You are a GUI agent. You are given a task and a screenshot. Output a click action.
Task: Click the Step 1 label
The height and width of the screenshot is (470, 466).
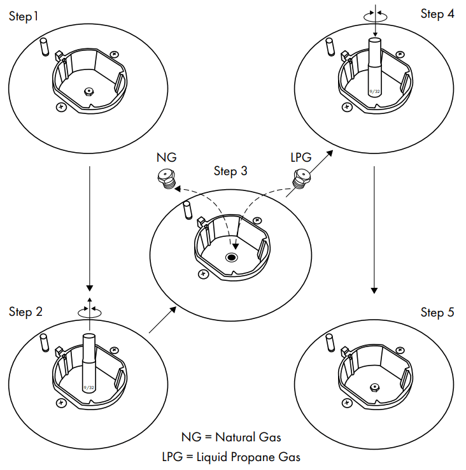pos(24,16)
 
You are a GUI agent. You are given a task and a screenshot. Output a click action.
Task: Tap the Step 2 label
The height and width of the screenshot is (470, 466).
pos(26,311)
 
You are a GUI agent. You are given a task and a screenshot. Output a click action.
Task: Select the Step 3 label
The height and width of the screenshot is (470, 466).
pos(230,171)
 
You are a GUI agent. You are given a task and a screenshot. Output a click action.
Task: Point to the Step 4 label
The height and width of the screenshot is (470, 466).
pos(437,13)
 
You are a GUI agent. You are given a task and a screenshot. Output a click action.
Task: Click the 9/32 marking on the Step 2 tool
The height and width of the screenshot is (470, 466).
pos(89,387)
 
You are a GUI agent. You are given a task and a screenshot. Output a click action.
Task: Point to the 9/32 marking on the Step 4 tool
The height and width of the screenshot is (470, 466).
pos(376,90)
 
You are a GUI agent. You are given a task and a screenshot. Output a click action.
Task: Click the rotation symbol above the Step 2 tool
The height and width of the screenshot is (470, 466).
pos(89,311)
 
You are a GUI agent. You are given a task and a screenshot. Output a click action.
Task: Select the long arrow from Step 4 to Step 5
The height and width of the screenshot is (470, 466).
pos(374,229)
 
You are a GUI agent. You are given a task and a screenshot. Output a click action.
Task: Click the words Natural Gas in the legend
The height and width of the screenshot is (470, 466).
pos(248,438)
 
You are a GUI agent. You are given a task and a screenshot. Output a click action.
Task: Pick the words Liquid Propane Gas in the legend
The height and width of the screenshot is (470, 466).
pos(248,456)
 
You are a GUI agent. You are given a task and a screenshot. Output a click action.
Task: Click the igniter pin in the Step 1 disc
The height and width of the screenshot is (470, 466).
pos(43,46)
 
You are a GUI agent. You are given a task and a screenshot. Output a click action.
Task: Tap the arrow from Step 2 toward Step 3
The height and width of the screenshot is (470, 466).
pos(162,320)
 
